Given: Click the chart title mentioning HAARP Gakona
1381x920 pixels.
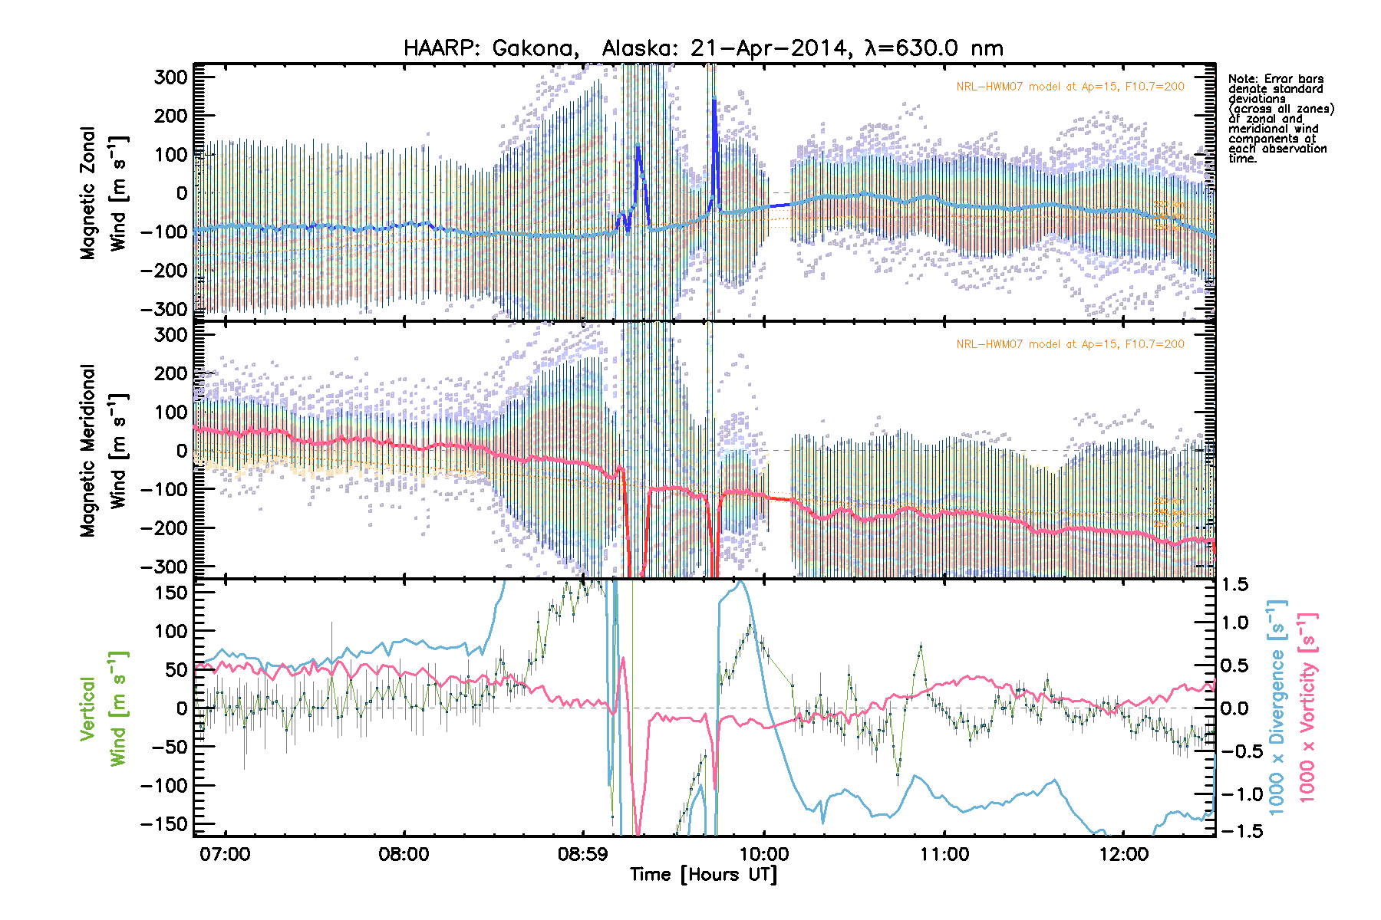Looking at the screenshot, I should (703, 48).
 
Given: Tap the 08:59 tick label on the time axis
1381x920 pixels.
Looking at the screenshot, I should (583, 854).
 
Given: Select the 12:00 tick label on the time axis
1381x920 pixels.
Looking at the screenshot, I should (1123, 854).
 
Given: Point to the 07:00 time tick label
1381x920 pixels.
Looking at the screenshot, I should (225, 854).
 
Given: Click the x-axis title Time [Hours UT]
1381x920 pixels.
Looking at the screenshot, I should (703, 875).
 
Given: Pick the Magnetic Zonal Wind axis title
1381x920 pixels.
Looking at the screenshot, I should (104, 193).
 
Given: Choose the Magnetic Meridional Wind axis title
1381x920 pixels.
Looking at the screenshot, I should (104, 450).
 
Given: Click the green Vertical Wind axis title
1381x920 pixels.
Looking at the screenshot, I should (104, 708).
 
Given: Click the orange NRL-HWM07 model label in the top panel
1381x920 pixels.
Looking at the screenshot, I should (1070, 87).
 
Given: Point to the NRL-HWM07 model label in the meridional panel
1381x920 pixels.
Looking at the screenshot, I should (1070, 344).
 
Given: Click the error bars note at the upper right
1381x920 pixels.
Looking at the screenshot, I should (1280, 119).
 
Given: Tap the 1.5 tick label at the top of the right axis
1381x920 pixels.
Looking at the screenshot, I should (1234, 585).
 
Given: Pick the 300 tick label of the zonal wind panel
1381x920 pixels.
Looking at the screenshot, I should (171, 77).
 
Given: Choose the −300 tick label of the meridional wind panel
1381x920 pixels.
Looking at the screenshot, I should (165, 567).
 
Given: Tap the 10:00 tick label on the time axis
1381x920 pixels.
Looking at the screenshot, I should (764, 854).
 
